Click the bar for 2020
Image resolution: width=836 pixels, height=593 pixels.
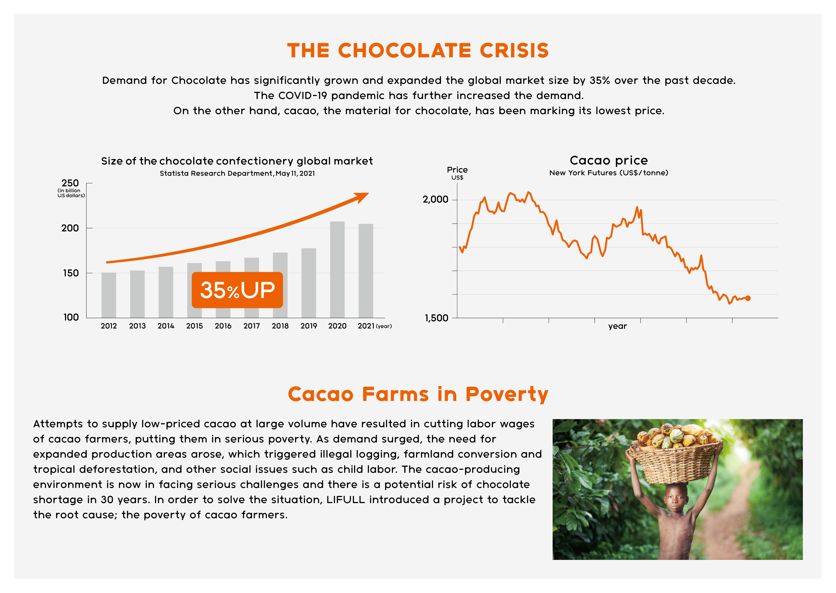[x=337, y=269]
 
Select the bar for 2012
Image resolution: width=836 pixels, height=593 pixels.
[x=109, y=295]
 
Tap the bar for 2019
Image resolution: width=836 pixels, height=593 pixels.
[x=309, y=283]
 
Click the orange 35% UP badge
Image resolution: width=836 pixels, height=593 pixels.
[x=237, y=290]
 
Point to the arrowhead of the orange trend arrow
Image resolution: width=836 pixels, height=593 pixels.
[x=362, y=197]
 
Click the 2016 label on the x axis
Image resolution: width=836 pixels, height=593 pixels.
[x=223, y=326]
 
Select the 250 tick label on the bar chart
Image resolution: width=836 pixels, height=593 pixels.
[x=70, y=183]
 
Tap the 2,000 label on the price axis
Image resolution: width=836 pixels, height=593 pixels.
[x=435, y=199]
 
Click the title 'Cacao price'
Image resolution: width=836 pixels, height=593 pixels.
[x=609, y=160]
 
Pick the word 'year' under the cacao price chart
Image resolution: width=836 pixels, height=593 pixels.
[x=617, y=326]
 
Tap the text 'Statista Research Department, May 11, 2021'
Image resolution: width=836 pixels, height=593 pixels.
[x=237, y=173]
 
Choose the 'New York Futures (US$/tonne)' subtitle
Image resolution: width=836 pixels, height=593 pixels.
[x=609, y=173]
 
